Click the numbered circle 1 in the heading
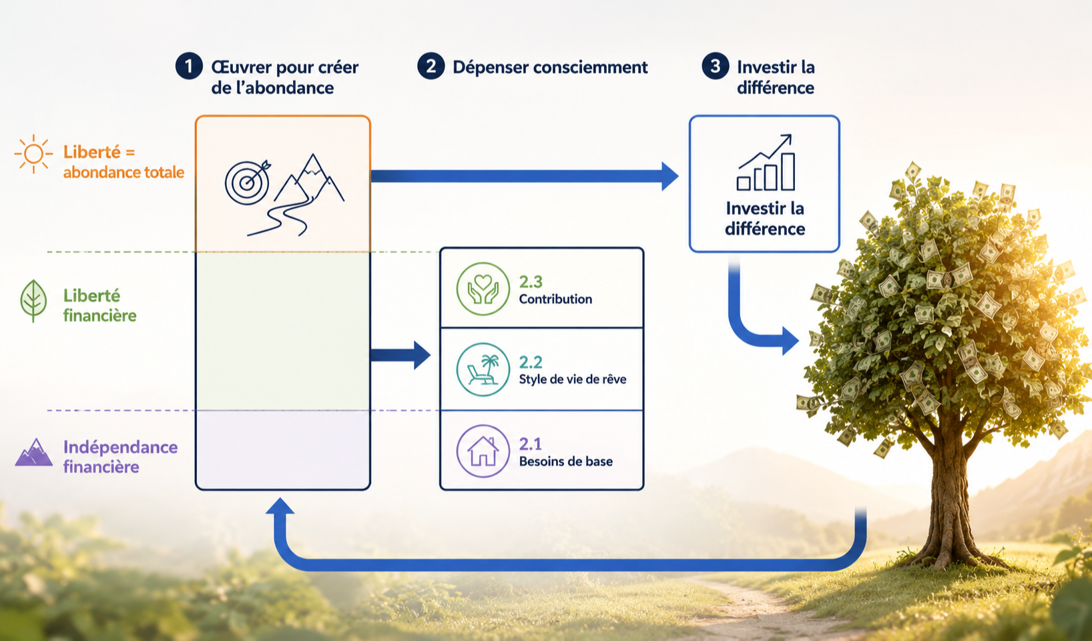pos(189,66)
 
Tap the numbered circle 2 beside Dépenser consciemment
pos(431,66)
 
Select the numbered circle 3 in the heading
pos(715,66)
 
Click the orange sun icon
pos(33,154)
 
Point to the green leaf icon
pos(33,301)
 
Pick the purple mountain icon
pos(33,452)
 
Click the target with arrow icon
pos(247,182)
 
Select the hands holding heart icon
pos(483,289)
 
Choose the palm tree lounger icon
pos(483,370)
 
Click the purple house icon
pos(483,451)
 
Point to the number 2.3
pos(531,281)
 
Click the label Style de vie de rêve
pos(572,379)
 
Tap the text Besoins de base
pos(565,461)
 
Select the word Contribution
pos(555,299)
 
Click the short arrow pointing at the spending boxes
pos(400,355)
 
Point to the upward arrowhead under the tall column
pos(280,506)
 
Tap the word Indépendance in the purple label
pos(120,447)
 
